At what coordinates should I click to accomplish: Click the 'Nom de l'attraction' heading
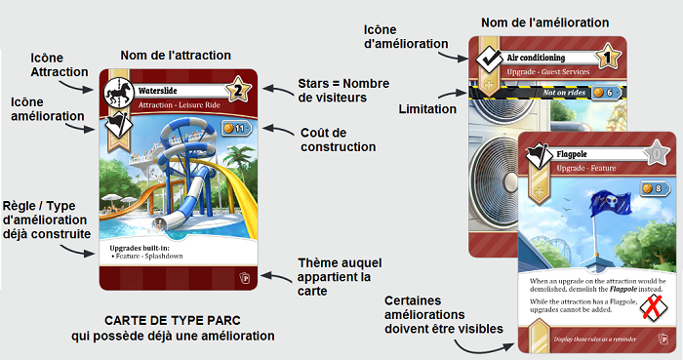(175, 56)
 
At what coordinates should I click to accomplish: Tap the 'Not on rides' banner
(566, 92)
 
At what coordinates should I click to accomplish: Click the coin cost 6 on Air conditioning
(606, 93)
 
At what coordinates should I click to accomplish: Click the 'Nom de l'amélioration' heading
(545, 22)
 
